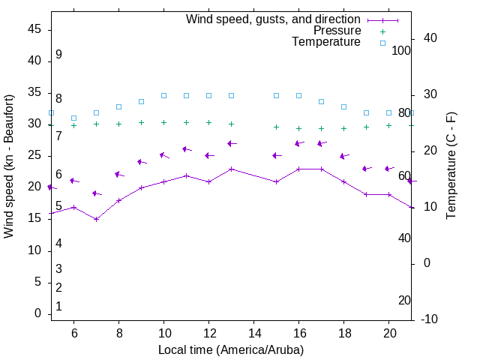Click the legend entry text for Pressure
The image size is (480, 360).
point(337,31)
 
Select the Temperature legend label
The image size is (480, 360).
point(326,42)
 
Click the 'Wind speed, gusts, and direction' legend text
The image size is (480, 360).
point(273,19)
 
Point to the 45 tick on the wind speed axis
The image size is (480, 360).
point(34,28)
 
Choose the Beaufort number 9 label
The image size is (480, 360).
point(58,55)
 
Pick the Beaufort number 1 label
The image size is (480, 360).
point(58,306)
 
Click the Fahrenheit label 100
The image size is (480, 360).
point(401,50)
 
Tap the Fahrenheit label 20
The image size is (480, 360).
point(404,300)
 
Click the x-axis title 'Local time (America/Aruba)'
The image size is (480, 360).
point(231,349)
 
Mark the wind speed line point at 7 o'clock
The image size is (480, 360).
point(96,219)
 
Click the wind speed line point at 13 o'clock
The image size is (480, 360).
point(231,169)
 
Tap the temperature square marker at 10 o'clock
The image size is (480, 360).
point(163,95)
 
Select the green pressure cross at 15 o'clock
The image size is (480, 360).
point(276,127)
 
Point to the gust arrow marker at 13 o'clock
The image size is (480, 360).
point(231,143)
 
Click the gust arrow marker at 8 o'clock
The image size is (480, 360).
point(118,175)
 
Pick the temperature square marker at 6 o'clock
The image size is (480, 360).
point(73,118)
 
